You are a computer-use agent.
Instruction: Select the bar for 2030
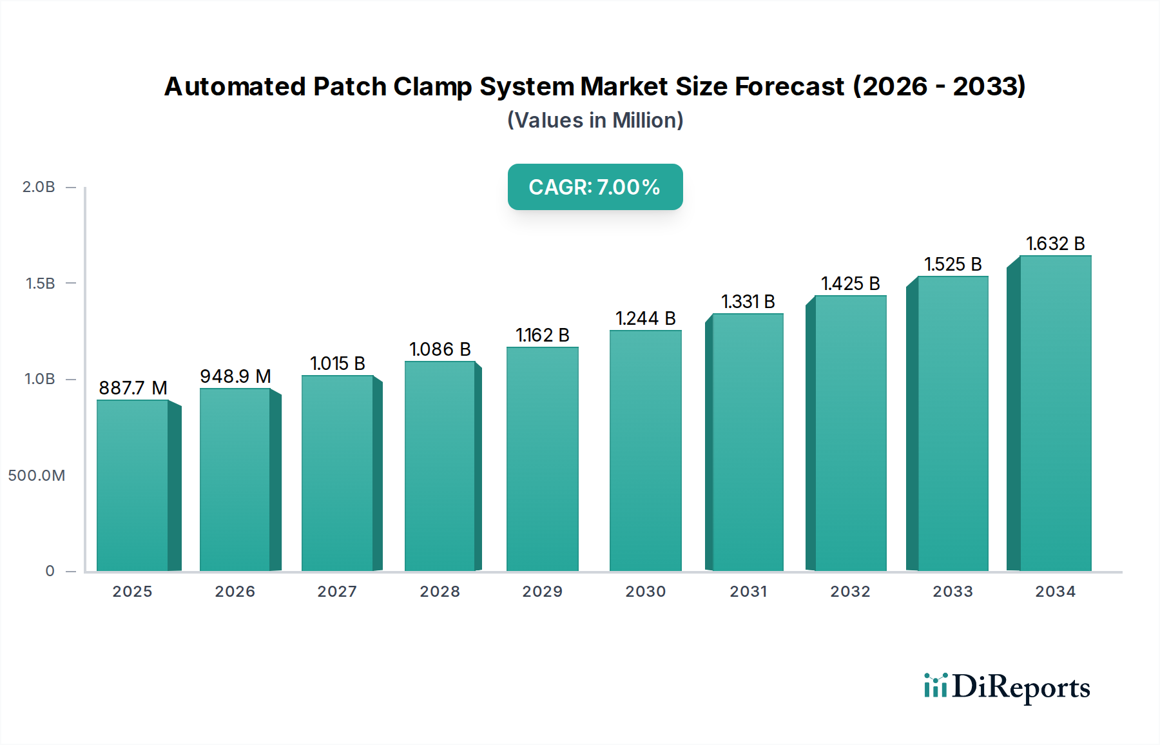(x=645, y=450)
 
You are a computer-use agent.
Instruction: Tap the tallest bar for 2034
(x=1055, y=413)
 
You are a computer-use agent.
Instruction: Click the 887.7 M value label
(x=133, y=388)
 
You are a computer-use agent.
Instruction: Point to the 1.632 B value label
(x=1055, y=244)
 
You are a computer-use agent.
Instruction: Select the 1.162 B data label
(x=542, y=335)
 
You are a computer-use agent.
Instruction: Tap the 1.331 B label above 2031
(x=748, y=302)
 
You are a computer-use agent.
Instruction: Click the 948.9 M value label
(x=235, y=376)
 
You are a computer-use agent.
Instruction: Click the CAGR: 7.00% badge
(x=595, y=187)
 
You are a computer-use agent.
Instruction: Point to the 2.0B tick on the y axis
(x=39, y=187)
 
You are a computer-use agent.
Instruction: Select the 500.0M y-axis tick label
(x=37, y=476)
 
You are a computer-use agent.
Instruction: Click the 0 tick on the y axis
(x=50, y=571)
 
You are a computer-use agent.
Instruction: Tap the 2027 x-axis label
(x=337, y=592)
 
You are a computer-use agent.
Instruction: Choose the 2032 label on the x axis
(x=850, y=592)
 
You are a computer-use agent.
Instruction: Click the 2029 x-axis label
(x=542, y=592)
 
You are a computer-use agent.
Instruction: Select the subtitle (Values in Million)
(x=595, y=121)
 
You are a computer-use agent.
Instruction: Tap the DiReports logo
(x=1007, y=687)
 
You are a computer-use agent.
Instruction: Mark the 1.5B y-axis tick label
(x=40, y=284)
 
